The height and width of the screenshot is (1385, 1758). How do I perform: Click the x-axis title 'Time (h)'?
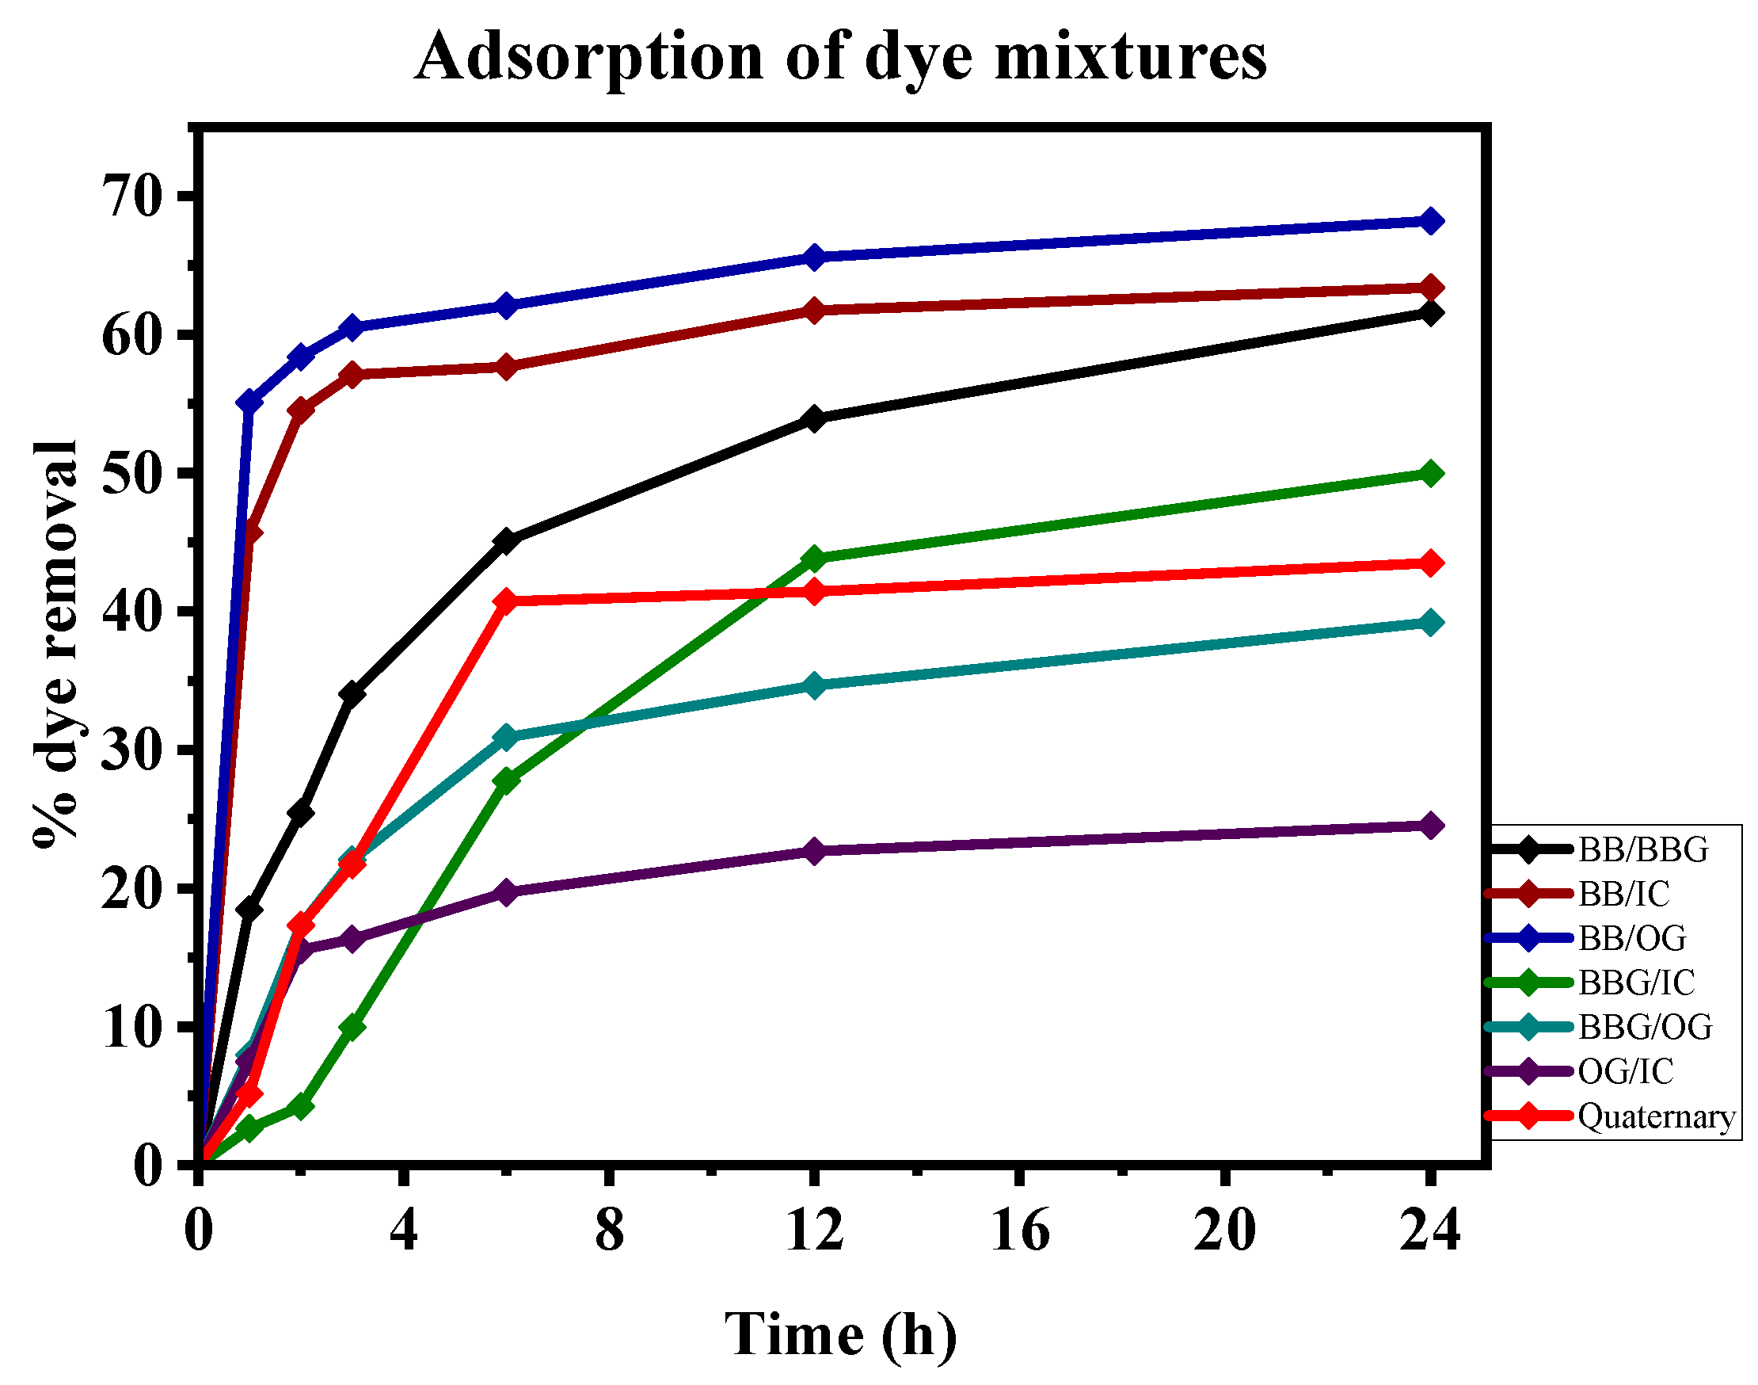coord(839,1334)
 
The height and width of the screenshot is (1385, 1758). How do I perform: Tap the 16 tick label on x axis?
coord(1021,1230)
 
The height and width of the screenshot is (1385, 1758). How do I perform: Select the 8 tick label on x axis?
coord(610,1230)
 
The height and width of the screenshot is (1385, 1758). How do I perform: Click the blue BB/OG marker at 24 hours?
coord(1431,220)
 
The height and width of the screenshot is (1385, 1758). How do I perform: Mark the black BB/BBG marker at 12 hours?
coord(815,418)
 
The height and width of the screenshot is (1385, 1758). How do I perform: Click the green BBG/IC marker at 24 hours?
coord(1431,474)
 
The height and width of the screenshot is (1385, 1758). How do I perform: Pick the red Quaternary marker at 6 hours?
coord(506,601)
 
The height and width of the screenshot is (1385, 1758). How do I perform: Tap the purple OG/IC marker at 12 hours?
coord(815,852)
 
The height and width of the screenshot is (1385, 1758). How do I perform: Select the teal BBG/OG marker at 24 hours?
coord(1431,623)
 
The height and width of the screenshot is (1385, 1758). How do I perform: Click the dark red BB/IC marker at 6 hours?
coord(506,367)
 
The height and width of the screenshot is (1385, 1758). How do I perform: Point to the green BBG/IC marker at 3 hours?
coord(352,1028)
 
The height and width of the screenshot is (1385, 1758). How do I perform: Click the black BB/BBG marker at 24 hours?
coord(1431,313)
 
